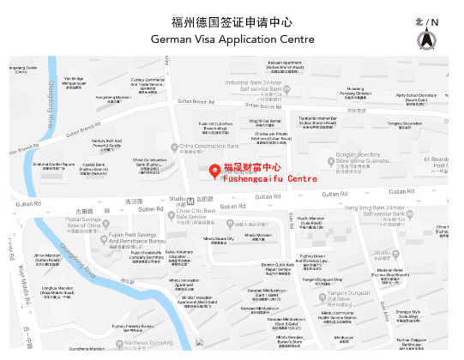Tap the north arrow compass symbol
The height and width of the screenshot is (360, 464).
426,39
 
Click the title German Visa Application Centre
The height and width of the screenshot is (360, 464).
232,39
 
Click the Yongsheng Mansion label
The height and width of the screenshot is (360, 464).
113,98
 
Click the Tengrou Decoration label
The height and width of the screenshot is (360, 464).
404,124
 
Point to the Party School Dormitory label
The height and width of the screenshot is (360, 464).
416,97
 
